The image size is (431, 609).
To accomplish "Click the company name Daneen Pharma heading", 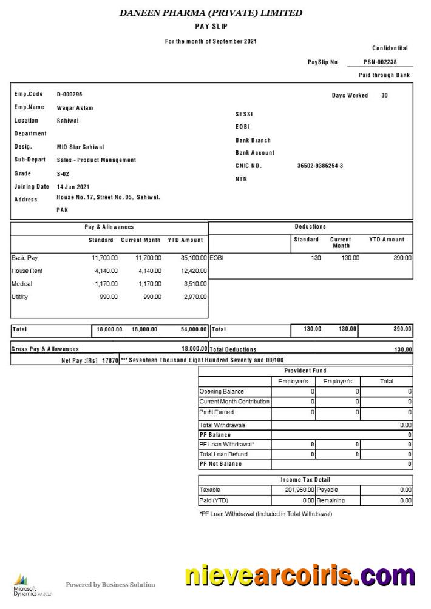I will click(x=211, y=13).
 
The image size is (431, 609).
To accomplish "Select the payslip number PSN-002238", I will click(x=380, y=62).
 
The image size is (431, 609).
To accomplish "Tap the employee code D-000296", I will click(x=69, y=95).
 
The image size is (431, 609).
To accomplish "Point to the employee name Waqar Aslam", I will click(x=75, y=108).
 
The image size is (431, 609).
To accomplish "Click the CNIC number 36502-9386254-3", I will click(x=320, y=166).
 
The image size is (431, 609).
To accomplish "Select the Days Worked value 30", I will click(x=384, y=95).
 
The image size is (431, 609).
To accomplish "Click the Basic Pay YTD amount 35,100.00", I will click(x=194, y=258).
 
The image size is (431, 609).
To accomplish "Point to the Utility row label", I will click(x=20, y=297).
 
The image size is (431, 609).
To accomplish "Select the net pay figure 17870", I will click(x=109, y=360).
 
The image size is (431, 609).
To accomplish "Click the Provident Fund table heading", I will click(x=305, y=371).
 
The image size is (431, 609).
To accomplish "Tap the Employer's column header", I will click(x=338, y=381).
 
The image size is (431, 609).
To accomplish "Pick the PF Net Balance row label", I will click(x=220, y=464).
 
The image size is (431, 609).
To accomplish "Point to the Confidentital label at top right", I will click(x=390, y=48).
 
